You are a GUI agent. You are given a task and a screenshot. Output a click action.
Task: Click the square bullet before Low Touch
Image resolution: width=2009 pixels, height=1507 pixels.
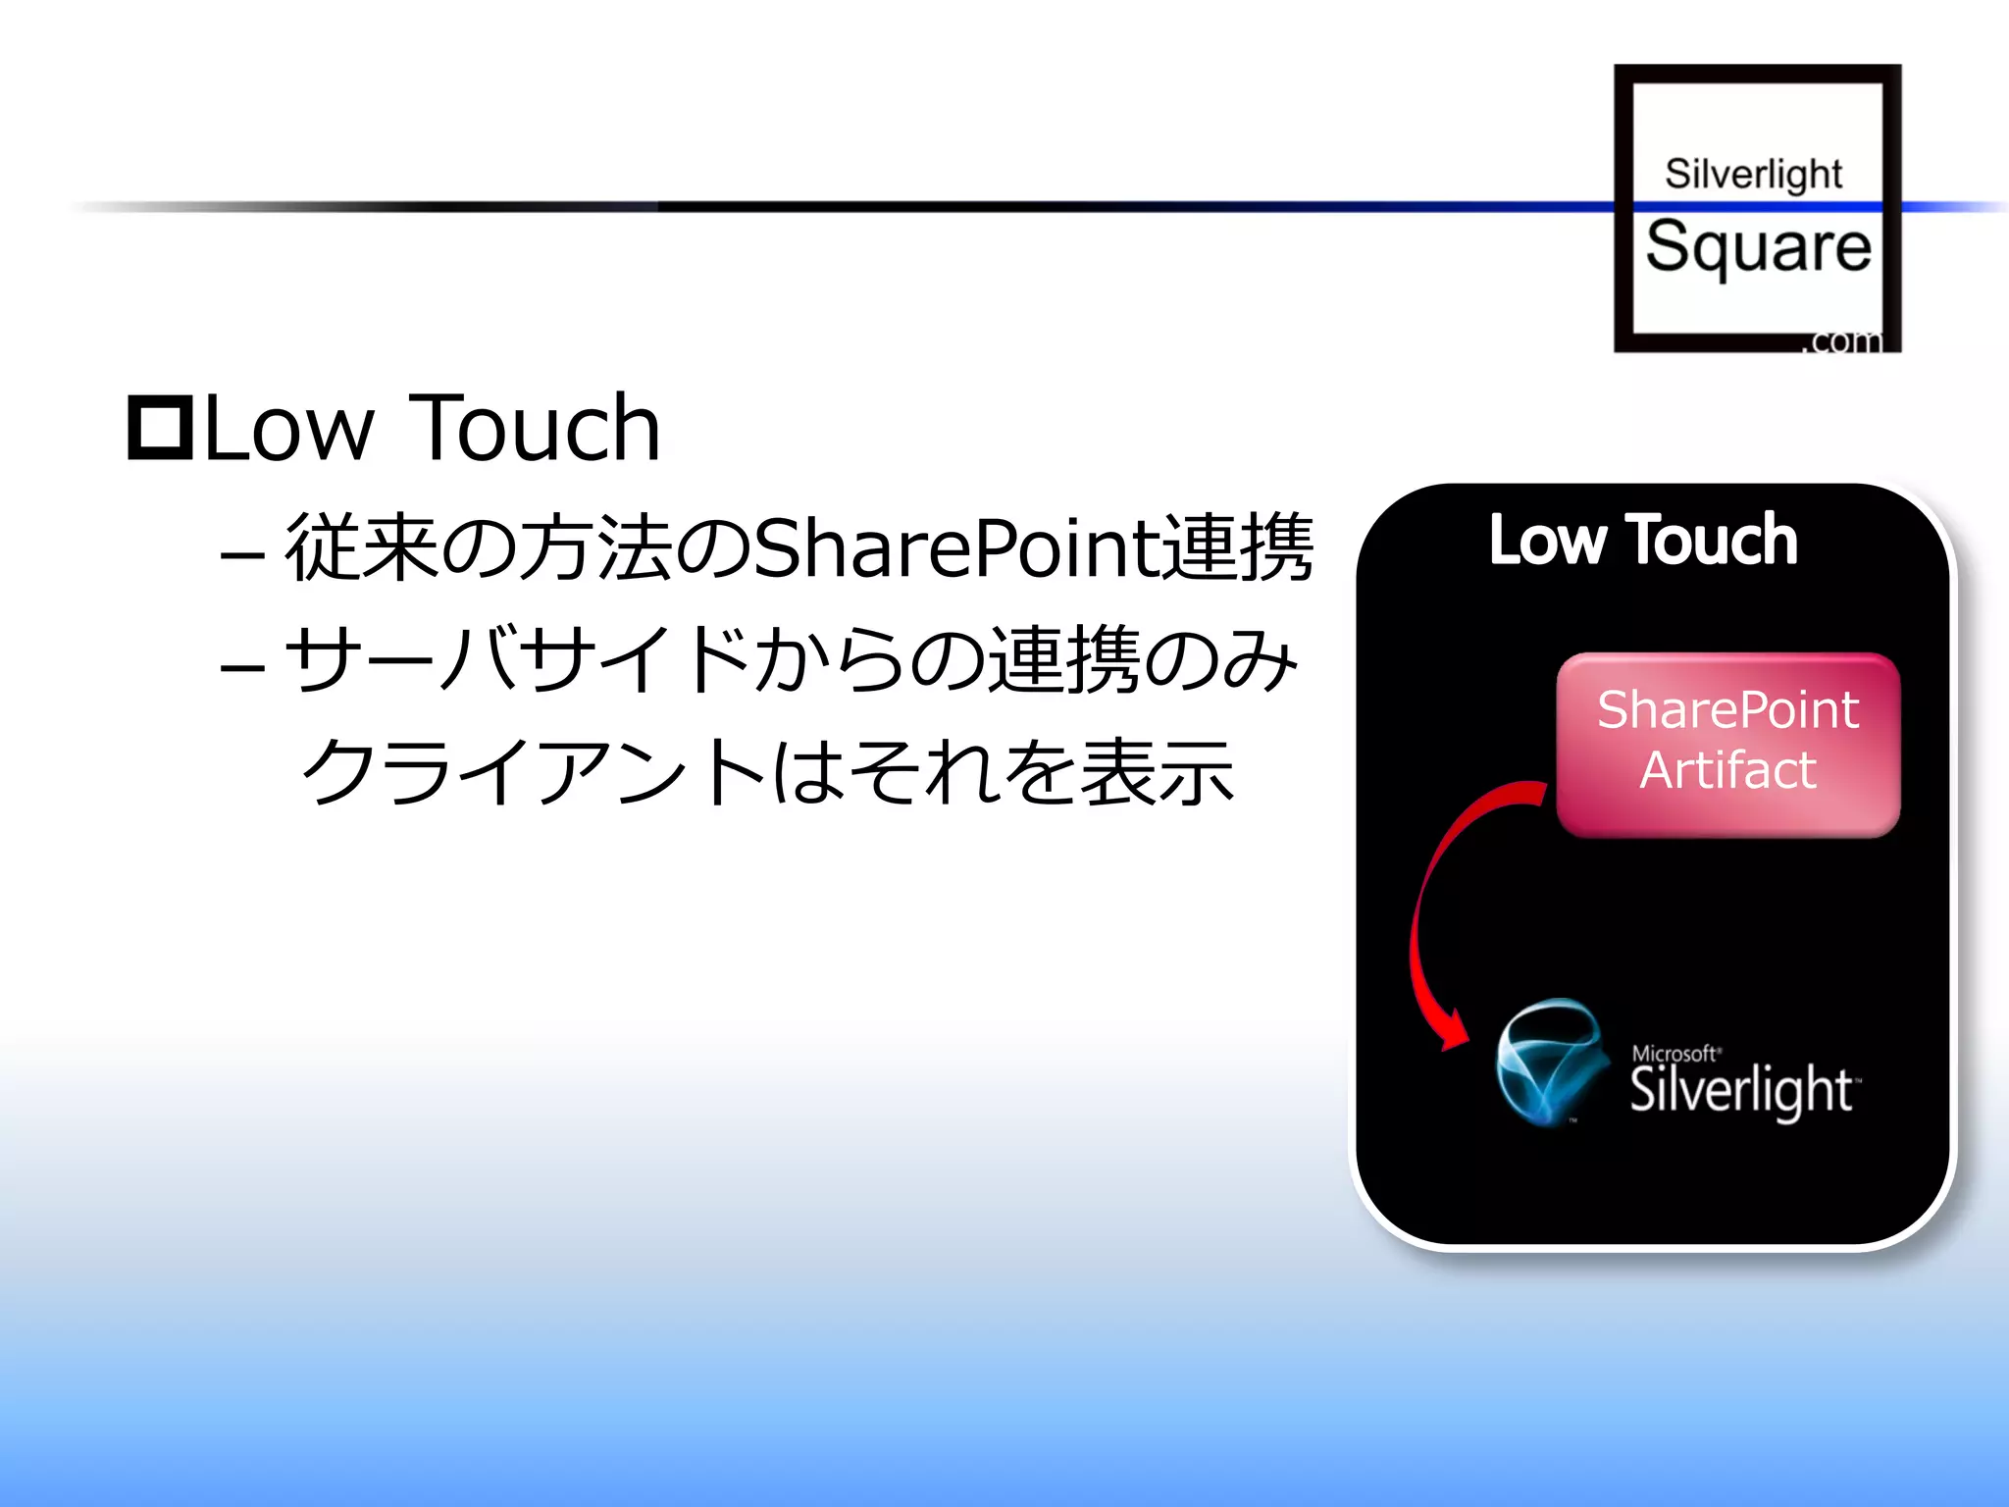click(160, 428)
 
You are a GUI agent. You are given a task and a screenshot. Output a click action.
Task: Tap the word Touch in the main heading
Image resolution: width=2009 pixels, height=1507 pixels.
click(535, 428)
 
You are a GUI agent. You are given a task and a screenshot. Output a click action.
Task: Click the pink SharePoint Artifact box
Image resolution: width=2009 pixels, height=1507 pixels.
click(1727, 746)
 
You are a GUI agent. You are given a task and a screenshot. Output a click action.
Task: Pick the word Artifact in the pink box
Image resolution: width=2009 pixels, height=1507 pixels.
click(1727, 770)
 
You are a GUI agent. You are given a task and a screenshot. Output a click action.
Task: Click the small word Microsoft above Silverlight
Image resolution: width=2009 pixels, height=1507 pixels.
click(1674, 1053)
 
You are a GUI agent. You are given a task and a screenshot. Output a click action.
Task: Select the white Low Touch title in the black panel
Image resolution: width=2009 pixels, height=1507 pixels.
click(1643, 540)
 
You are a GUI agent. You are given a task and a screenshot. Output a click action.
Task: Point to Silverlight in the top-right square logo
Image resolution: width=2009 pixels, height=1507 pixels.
click(1753, 174)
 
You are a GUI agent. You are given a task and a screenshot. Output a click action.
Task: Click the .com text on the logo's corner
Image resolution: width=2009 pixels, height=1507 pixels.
click(1845, 340)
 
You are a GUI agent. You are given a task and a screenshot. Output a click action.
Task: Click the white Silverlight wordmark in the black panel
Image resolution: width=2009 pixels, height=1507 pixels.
click(1741, 1091)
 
